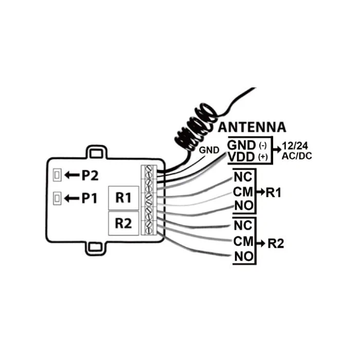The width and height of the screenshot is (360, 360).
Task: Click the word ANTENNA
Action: tap(252, 127)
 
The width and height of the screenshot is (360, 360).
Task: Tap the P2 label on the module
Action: tap(90, 176)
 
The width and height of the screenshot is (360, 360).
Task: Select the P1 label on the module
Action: tap(89, 198)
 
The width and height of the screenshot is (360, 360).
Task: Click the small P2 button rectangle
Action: tap(57, 175)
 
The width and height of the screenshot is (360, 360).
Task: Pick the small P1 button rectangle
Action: tap(57, 199)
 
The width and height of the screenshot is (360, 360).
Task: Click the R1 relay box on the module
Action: tap(123, 198)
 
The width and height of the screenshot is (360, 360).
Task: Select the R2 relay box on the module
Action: tap(123, 223)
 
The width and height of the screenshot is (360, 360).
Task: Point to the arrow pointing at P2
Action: tap(72, 175)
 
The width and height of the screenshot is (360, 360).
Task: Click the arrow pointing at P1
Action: tap(72, 198)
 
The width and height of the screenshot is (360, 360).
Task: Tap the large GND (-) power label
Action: tap(247, 146)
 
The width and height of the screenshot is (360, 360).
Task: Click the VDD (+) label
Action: tap(248, 157)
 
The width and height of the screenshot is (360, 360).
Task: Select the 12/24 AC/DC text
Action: tap(297, 151)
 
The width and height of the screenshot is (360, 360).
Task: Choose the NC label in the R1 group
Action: tap(243, 177)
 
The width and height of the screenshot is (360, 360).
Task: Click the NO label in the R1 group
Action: tap(244, 206)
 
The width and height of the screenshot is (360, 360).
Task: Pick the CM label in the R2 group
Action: tap(243, 241)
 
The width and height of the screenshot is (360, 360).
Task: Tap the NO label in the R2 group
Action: tap(244, 257)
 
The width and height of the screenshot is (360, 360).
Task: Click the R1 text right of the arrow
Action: tap(273, 192)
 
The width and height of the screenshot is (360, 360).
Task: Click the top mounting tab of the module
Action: tap(96, 152)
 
